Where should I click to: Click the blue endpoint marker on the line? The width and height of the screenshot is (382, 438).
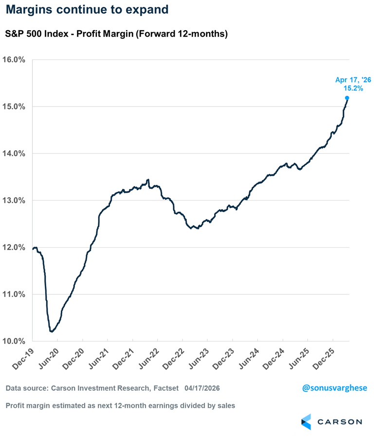tap(347, 98)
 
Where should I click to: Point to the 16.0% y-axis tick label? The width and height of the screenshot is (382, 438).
tap(15, 60)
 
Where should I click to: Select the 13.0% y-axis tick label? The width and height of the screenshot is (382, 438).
tap(15, 201)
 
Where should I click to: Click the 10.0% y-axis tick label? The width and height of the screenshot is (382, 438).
tap(15, 341)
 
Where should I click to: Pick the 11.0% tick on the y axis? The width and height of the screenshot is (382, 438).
tap(15, 294)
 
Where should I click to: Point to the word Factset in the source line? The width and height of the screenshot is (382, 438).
tap(165, 389)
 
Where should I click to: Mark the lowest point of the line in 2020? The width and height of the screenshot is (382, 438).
tap(52, 331)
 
